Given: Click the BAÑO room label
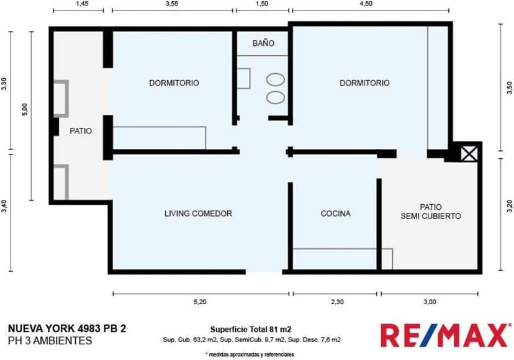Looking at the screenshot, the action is pyautogui.click(x=263, y=43).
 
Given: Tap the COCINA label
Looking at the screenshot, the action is pyautogui.click(x=335, y=214).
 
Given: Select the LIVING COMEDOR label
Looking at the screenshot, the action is pyautogui.click(x=198, y=214).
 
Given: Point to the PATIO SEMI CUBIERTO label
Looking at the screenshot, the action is pyautogui.click(x=431, y=212).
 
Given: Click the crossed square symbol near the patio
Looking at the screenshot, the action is pyautogui.click(x=469, y=154).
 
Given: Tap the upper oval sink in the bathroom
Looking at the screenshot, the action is pyautogui.click(x=276, y=79).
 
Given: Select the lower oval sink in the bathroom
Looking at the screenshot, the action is pyautogui.click(x=276, y=97).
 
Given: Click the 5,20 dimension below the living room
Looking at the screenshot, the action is pyautogui.click(x=200, y=302).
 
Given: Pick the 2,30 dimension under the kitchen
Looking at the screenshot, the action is pyautogui.click(x=337, y=302).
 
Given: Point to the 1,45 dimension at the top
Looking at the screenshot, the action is pyautogui.click(x=82, y=4).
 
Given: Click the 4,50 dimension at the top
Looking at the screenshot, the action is pyautogui.click(x=366, y=4).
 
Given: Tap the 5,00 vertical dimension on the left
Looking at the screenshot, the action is pyautogui.click(x=25, y=109).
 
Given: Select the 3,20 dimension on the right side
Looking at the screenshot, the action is pyautogui.click(x=509, y=206).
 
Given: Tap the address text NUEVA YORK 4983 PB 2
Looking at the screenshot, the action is pyautogui.click(x=67, y=328).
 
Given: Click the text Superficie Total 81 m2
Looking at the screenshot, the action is pyautogui.click(x=251, y=330).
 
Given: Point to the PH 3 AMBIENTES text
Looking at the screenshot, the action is pyautogui.click(x=50, y=341).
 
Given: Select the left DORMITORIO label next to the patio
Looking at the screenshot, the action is pyautogui.click(x=174, y=83).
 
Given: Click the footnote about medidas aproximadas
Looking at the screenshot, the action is pyautogui.click(x=250, y=354).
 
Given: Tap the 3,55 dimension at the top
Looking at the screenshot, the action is pyautogui.click(x=172, y=4).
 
